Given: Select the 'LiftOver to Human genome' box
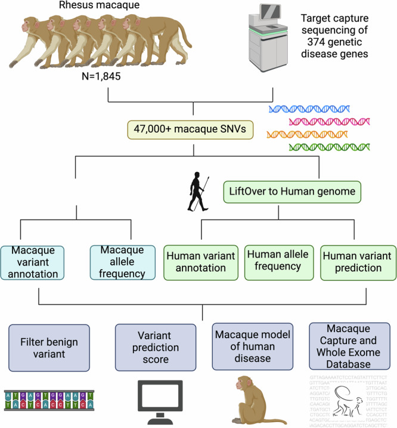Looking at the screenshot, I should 275,191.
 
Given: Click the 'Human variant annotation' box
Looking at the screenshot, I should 200,262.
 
